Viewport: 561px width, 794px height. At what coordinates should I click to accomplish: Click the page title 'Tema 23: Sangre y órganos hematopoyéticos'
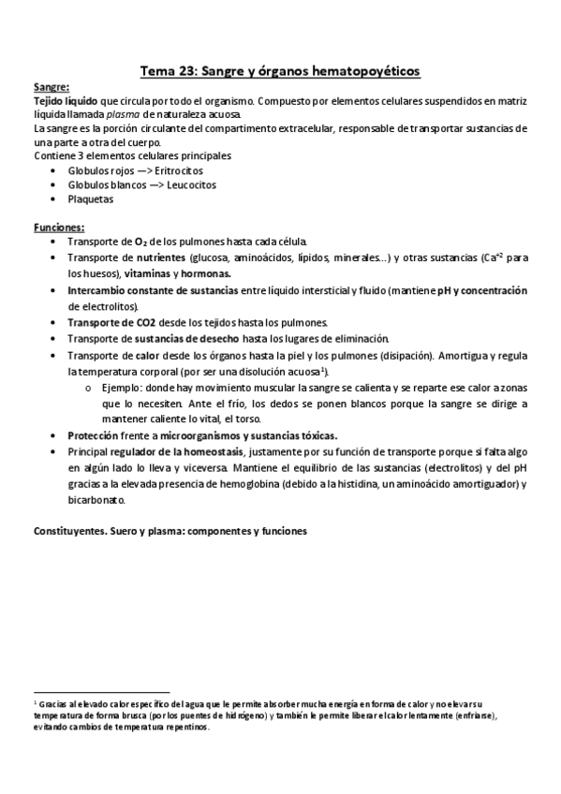[x=280, y=70]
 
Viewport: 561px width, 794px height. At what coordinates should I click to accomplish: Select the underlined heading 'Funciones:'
[x=59, y=228]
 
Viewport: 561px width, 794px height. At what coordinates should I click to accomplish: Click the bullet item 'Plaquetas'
[x=90, y=198]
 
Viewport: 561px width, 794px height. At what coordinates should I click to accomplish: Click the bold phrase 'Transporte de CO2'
[x=111, y=322]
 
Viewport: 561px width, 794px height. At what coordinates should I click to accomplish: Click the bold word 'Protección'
[x=92, y=435]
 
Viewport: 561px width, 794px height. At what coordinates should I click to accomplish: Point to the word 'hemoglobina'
[x=256, y=483]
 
